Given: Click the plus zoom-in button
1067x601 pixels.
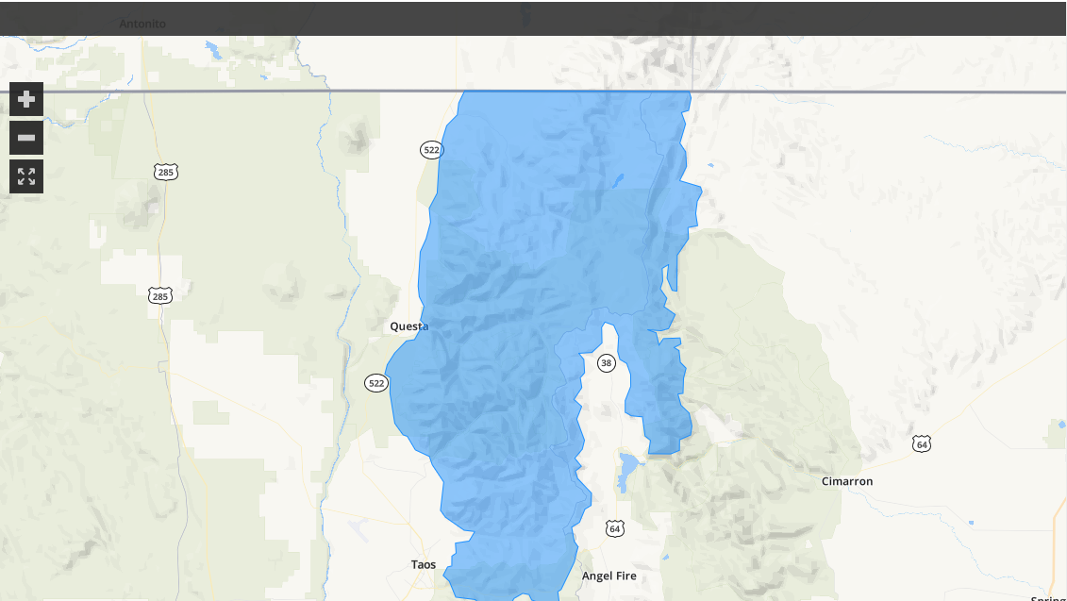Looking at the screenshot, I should pyautogui.click(x=26, y=98).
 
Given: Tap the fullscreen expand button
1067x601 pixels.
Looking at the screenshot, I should pyautogui.click(x=26, y=176).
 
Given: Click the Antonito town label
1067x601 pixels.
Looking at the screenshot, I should pyautogui.click(x=142, y=24).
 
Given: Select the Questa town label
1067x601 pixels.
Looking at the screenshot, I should pyautogui.click(x=409, y=326).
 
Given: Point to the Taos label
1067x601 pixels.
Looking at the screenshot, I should pyautogui.click(x=424, y=564).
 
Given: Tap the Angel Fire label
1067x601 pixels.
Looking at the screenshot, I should pyautogui.click(x=609, y=576).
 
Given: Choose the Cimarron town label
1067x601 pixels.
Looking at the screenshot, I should pyautogui.click(x=846, y=481).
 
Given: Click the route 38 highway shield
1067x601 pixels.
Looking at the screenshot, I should pyautogui.click(x=606, y=363).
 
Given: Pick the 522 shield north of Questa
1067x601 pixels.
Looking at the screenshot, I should pyautogui.click(x=431, y=150).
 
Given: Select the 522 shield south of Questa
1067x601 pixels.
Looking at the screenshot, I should pyautogui.click(x=376, y=383).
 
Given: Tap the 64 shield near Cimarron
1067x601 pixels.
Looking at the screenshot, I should pyautogui.click(x=922, y=443).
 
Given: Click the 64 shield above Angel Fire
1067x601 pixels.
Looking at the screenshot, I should pyautogui.click(x=614, y=527).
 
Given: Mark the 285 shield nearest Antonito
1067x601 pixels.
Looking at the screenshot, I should pyautogui.click(x=166, y=172).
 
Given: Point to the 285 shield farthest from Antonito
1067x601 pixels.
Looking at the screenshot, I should pyautogui.click(x=159, y=296).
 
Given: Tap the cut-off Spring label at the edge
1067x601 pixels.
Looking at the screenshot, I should pyautogui.click(x=1048, y=597).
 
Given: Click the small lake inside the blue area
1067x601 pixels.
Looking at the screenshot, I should pyautogui.click(x=618, y=178).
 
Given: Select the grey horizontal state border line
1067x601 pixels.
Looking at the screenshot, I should pyautogui.click(x=236, y=92).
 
